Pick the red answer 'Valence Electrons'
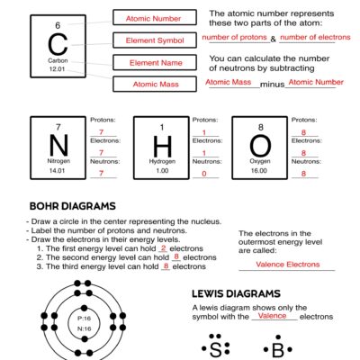(288, 265)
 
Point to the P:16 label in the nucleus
(85, 319)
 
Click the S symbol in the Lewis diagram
(215, 348)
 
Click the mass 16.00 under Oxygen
(259, 170)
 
